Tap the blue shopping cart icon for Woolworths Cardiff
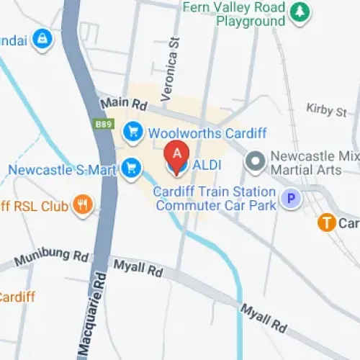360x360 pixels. [131, 132]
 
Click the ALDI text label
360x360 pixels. [206, 166]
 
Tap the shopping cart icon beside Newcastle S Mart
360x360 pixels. [130, 168]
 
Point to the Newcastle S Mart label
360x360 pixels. [63, 170]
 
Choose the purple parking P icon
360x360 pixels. [290, 198]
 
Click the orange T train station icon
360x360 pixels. [328, 223]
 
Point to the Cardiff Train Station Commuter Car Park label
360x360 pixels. [215, 199]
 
